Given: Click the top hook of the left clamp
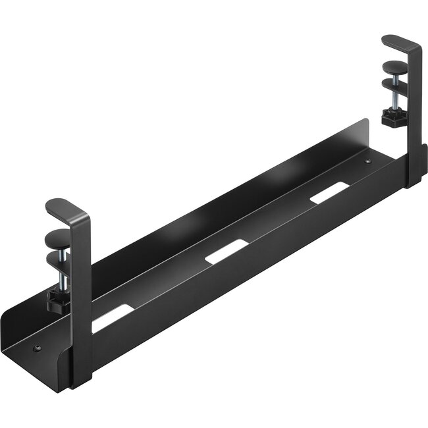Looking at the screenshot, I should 66,207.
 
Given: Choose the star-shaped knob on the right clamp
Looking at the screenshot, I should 389,117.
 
